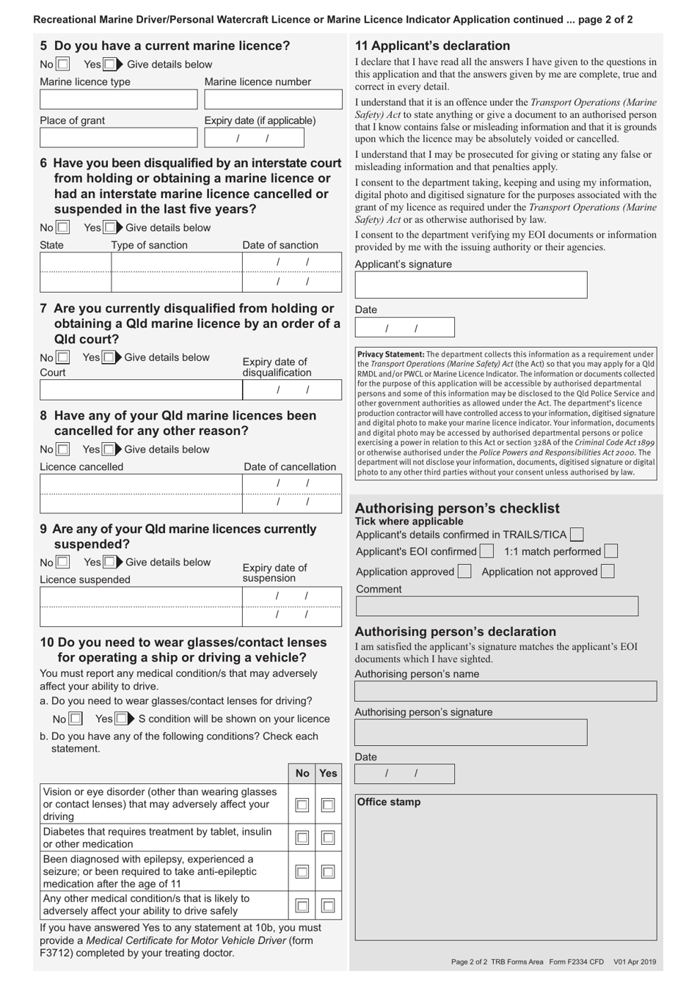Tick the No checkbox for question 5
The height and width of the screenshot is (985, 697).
click(x=63, y=65)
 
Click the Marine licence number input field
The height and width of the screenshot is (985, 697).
click(x=273, y=99)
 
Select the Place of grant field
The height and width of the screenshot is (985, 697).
click(x=118, y=137)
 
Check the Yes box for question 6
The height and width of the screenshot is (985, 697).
click(x=109, y=228)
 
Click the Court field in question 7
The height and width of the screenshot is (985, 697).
click(x=141, y=389)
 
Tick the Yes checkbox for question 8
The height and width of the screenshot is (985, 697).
click(x=109, y=450)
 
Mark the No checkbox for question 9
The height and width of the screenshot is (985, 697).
click(x=63, y=563)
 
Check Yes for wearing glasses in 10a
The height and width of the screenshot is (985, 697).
click(x=120, y=719)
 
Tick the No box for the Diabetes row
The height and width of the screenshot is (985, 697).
click(x=302, y=838)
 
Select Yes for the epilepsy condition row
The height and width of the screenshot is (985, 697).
click(x=328, y=871)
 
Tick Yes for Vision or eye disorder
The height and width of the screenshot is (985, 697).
click(x=328, y=805)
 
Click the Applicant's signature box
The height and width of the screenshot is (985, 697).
click(x=470, y=285)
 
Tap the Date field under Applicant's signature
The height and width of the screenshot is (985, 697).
click(x=404, y=327)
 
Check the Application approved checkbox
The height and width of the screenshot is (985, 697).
click(x=464, y=571)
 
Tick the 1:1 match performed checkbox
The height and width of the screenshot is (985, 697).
click(x=610, y=551)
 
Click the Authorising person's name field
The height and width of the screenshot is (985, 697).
click(x=506, y=691)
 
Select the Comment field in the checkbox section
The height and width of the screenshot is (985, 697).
click(x=497, y=606)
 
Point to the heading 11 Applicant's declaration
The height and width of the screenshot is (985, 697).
click(x=432, y=45)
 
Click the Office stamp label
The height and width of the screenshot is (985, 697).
click(x=388, y=802)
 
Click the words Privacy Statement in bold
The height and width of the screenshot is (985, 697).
click(x=390, y=354)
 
